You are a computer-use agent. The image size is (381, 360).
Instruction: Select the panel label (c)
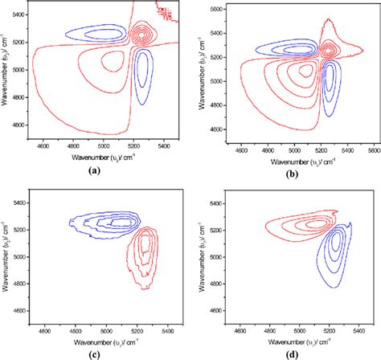[107, 353]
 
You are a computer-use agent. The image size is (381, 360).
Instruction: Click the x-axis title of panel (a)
[107, 157]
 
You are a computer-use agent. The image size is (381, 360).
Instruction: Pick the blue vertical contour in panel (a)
[144, 75]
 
